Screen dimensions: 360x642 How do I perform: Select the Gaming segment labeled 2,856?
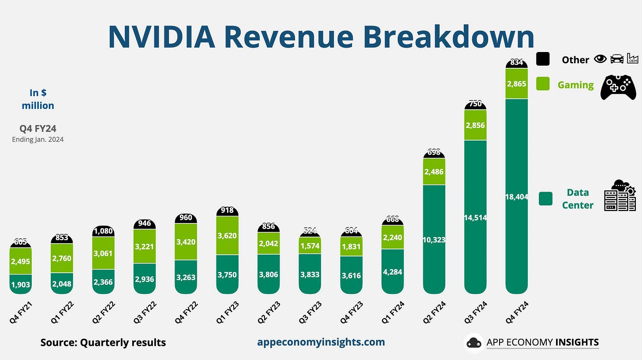click(475, 125)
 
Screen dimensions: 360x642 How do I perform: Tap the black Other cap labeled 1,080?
click(103, 231)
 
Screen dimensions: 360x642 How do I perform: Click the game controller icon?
click(618, 87)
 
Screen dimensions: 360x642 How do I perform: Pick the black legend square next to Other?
click(543, 59)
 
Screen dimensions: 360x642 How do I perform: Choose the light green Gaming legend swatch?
click(543, 84)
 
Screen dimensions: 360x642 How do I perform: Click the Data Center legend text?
click(578, 199)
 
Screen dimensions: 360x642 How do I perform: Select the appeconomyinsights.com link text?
click(321, 342)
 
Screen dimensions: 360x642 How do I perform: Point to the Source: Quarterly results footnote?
click(103, 342)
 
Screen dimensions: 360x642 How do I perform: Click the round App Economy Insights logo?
click(474, 342)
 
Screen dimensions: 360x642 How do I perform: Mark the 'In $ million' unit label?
click(38, 99)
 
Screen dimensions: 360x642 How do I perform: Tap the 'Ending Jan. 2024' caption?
click(38, 140)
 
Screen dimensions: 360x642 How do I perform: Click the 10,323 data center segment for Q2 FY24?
click(434, 240)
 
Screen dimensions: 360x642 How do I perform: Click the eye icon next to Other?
click(600, 59)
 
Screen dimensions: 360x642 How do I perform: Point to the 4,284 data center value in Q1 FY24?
click(392, 272)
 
